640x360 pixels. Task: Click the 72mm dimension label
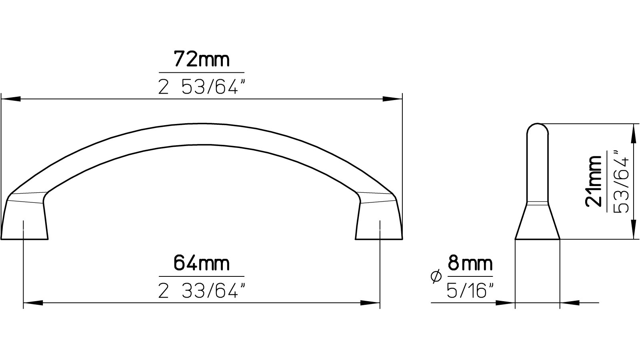click(202, 60)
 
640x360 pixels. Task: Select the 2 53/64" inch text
click(201, 86)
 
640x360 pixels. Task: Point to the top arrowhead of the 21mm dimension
click(633, 133)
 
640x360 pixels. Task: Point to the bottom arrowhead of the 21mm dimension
click(633, 230)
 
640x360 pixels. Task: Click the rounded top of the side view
click(537, 130)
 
